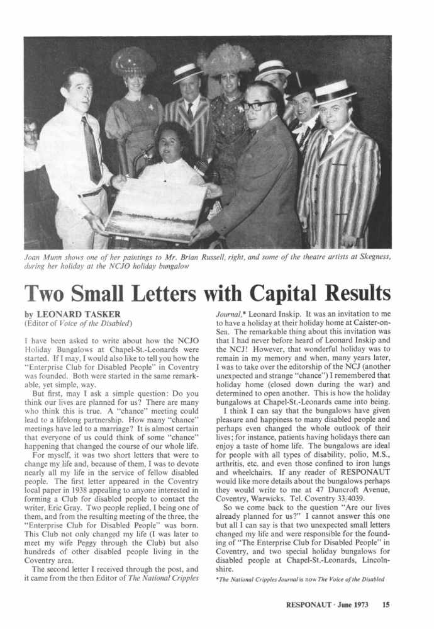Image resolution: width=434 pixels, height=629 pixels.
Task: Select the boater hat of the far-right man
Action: [335, 92]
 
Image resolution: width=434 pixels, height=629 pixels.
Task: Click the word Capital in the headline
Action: [277, 293]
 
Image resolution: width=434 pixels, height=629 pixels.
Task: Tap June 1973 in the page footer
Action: [353, 605]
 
